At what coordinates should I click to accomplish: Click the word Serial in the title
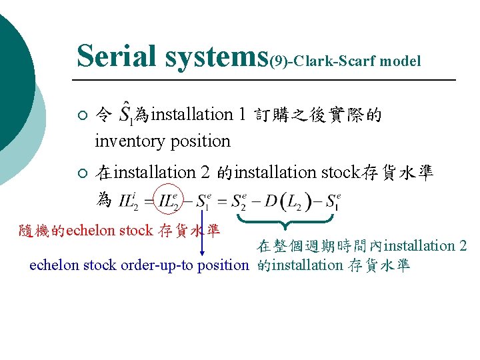115,56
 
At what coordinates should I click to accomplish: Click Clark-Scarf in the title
335,62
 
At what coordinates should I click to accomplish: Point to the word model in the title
400,62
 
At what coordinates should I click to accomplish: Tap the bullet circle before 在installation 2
81,174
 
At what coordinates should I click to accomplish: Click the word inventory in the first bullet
127,141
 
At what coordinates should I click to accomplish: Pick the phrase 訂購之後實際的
319,115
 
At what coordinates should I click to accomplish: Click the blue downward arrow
203,233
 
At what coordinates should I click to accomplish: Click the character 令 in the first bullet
103,115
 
